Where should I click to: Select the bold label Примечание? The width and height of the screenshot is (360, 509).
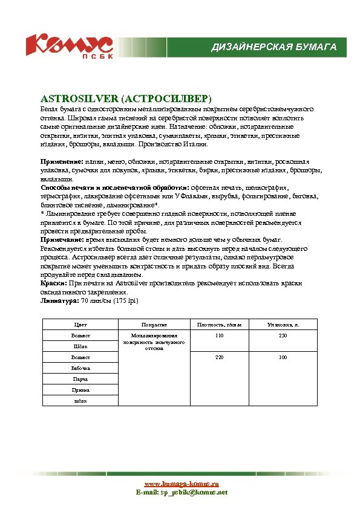pos(63,240)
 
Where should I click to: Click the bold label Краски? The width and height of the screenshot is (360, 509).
pos(54,283)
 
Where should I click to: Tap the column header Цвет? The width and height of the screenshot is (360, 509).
pos(80,325)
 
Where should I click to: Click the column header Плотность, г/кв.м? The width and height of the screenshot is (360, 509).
pos(219,325)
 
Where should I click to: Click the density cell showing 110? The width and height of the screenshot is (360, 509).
pos(219,335)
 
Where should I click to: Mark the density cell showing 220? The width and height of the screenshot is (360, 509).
pos(219,357)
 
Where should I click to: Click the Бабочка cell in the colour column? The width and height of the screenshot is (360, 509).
pos(80,368)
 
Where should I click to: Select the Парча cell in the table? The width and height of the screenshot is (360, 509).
pos(80,379)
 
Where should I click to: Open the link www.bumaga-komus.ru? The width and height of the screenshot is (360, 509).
pos(182,484)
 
